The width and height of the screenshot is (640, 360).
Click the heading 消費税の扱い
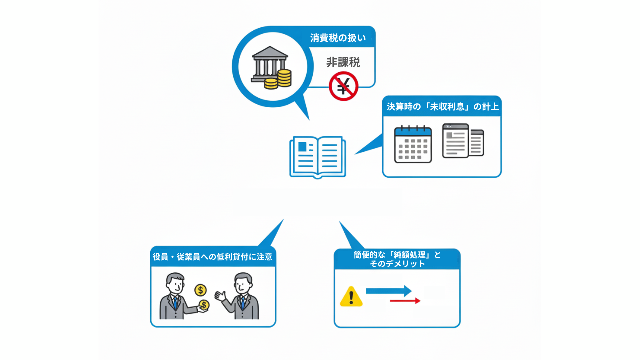338,38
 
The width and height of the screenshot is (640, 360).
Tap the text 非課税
343,63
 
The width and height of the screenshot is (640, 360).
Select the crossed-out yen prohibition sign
344,86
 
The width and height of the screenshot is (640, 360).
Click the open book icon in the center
317,156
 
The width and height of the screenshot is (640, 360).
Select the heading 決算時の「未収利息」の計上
442,107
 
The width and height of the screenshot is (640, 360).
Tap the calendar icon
413,144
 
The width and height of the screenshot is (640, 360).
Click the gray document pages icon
463,141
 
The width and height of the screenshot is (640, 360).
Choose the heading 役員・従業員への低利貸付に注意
213,257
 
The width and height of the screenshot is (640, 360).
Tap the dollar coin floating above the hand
200,290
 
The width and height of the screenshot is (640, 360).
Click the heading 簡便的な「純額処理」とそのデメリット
397,259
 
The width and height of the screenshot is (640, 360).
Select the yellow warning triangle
351,297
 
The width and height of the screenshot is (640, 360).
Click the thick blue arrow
389,291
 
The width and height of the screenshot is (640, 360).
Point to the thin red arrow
405,301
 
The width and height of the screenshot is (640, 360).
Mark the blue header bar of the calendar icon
413,132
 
